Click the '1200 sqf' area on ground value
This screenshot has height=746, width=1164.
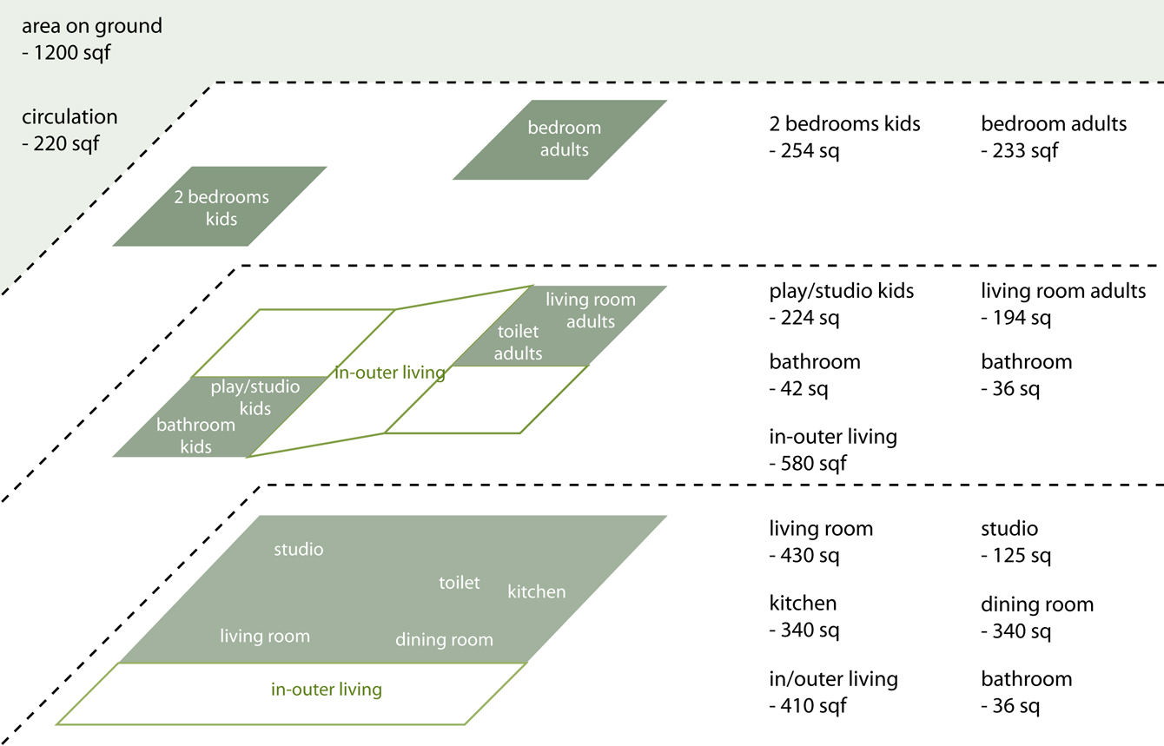[72, 53]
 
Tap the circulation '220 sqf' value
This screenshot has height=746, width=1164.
[66, 144]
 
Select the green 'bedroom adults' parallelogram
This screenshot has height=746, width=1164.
[559, 140]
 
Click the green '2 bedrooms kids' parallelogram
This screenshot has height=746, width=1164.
[220, 206]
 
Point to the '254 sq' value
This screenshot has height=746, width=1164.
[810, 150]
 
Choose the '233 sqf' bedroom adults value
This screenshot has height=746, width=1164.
[1025, 150]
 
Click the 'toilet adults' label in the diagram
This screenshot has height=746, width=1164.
[518, 342]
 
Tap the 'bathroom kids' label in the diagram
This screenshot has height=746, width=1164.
[196, 436]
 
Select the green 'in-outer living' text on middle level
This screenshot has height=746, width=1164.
[390, 373]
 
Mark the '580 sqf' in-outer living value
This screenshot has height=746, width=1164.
[814, 464]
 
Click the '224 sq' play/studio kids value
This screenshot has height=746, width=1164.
[810, 317]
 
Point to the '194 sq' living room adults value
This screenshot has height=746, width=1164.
[1022, 317]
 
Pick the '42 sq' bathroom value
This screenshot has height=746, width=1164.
[804, 388]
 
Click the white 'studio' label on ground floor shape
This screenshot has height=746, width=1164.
[299, 549]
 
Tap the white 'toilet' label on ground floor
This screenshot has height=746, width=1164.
[460, 583]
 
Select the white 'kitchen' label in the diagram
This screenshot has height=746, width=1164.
[537, 591]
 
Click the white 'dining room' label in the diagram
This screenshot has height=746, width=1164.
[444, 639]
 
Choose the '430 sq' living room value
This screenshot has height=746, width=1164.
[810, 555]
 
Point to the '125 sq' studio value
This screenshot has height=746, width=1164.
[1022, 555]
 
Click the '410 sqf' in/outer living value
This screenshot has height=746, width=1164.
[814, 706]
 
